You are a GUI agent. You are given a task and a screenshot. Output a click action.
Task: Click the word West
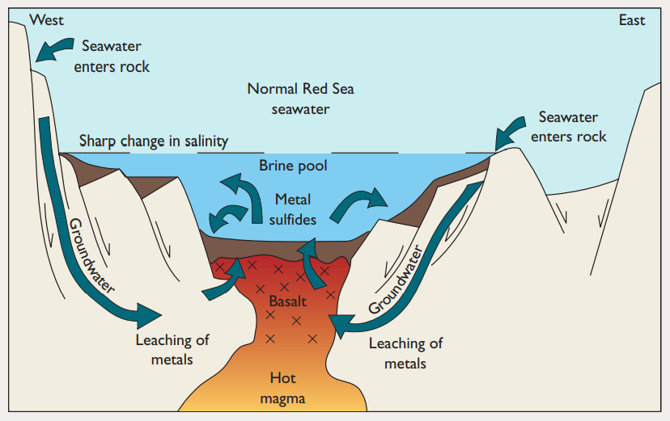click(x=46, y=19)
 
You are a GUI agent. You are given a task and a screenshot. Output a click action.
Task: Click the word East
click(x=632, y=20)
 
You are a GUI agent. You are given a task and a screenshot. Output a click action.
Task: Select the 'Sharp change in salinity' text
click(x=154, y=141)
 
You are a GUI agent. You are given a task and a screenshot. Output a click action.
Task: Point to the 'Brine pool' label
click(x=292, y=166)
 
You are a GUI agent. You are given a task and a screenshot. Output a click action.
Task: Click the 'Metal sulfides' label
click(x=292, y=208)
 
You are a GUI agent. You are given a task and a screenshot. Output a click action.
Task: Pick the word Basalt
click(x=288, y=301)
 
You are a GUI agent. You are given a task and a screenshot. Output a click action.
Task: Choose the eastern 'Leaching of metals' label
click(x=405, y=353)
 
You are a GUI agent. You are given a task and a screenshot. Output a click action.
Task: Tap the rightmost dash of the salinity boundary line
click(x=481, y=152)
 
